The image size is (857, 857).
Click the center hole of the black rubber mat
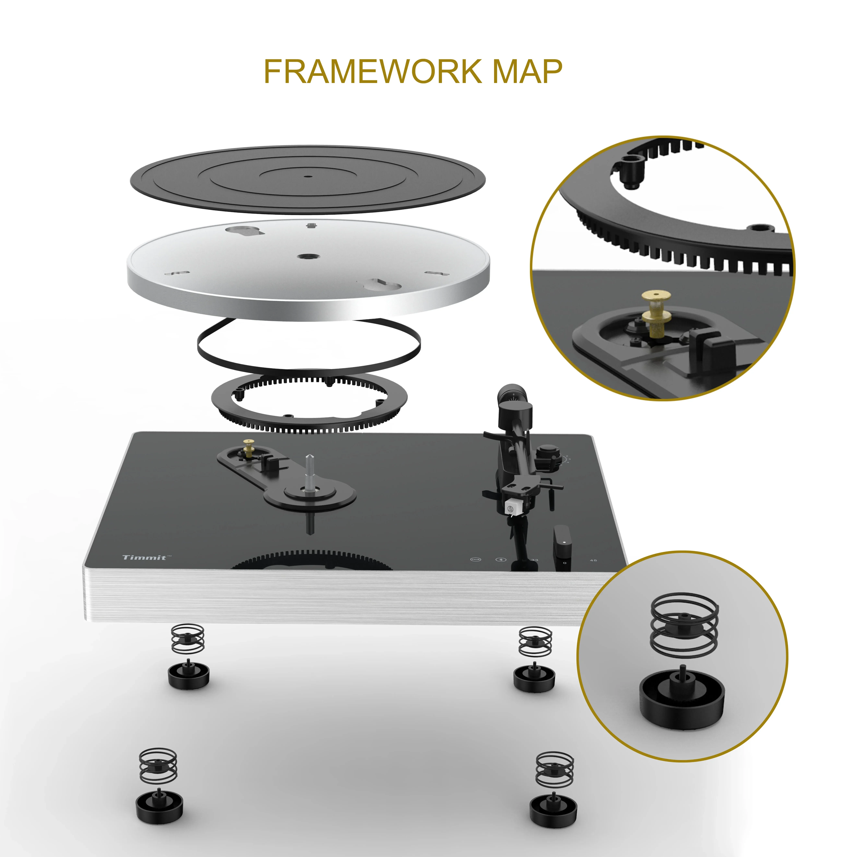(x=308, y=176)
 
